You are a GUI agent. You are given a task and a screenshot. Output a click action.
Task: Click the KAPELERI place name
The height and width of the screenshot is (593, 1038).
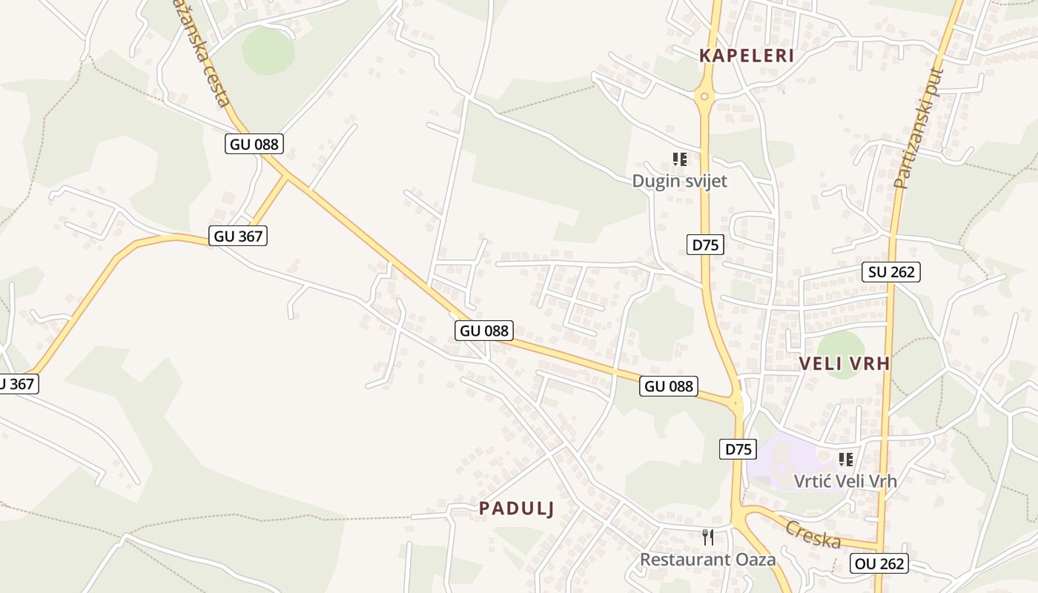click(x=747, y=56)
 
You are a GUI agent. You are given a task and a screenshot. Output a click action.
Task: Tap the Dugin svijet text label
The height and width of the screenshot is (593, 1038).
click(x=679, y=181)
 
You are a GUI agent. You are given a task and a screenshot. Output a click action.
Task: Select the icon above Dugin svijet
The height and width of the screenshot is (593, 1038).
click(x=679, y=159)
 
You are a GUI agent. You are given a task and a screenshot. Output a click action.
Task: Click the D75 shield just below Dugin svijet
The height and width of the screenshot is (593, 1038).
click(x=704, y=245)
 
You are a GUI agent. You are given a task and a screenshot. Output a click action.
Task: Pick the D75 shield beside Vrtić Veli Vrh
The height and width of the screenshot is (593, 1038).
click(x=738, y=448)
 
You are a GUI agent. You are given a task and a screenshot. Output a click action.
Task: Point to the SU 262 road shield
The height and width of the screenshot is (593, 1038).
click(x=892, y=272)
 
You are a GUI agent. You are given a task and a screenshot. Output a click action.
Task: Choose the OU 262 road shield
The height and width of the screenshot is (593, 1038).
click(x=879, y=563)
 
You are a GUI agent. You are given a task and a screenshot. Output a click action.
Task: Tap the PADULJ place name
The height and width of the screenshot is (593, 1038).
click(x=517, y=508)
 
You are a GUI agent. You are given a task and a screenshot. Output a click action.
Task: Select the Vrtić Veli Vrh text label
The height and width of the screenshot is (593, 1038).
click(x=845, y=481)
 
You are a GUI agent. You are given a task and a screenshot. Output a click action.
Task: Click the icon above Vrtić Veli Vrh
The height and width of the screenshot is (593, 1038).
click(x=845, y=460)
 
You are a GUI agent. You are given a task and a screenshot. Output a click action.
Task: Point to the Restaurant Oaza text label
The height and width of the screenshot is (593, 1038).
click(x=708, y=559)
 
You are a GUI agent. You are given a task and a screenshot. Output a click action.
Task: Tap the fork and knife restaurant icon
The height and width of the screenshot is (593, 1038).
click(x=708, y=537)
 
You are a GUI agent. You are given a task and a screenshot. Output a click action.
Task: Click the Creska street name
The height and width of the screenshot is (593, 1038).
click(x=813, y=534)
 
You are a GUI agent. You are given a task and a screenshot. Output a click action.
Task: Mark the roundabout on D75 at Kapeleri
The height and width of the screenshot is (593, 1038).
click(x=704, y=96)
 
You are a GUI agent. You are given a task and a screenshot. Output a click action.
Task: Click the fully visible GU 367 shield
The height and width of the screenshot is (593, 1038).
click(x=238, y=236)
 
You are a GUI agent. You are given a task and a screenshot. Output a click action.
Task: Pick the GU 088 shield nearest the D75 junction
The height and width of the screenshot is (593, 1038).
click(x=669, y=386)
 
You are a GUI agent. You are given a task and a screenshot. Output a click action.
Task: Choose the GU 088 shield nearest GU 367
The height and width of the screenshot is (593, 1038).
click(x=254, y=144)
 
